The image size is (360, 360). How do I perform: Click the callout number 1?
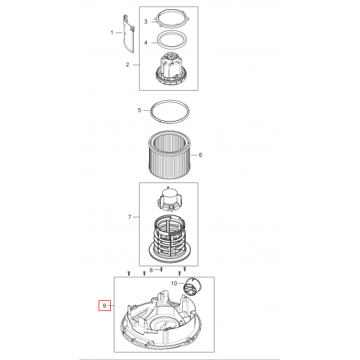pos(112,32)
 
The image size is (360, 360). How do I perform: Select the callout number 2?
pos(127,65)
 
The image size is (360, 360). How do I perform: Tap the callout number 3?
pos(145,22)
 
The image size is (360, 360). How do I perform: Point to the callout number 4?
pos(145,42)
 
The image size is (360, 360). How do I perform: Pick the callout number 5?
pos(140,110)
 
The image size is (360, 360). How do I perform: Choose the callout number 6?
pos(200,155)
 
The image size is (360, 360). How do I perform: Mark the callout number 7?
pos(130,217)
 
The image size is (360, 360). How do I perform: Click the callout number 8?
pos(151,270)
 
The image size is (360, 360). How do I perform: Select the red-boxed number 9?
pos(104,305)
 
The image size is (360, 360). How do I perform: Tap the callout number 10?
pos(174,284)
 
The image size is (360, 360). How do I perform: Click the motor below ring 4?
pos(170,69)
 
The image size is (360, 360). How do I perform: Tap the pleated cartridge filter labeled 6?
pos(169,155)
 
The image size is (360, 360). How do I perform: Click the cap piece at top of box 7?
pos(169,198)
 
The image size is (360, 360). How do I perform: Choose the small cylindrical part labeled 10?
pos(192,285)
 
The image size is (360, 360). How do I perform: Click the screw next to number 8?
pos(161,269)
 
